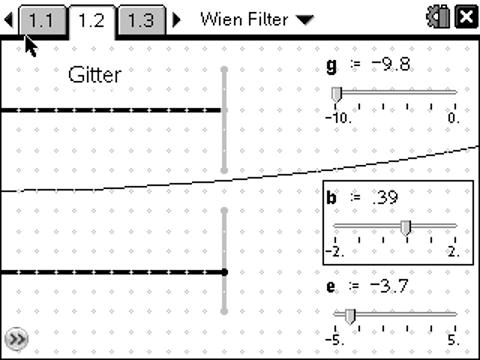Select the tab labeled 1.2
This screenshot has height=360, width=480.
pyautogui.click(x=91, y=18)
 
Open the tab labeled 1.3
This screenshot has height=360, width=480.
pyautogui.click(x=141, y=18)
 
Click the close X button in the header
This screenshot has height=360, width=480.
pyautogui.click(x=465, y=17)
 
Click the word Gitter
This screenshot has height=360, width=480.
pyautogui.click(x=95, y=74)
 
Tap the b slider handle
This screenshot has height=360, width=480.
pyautogui.click(x=406, y=227)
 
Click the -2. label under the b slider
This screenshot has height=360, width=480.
pyautogui.click(x=335, y=251)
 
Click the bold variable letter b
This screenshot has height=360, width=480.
pyautogui.click(x=332, y=197)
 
